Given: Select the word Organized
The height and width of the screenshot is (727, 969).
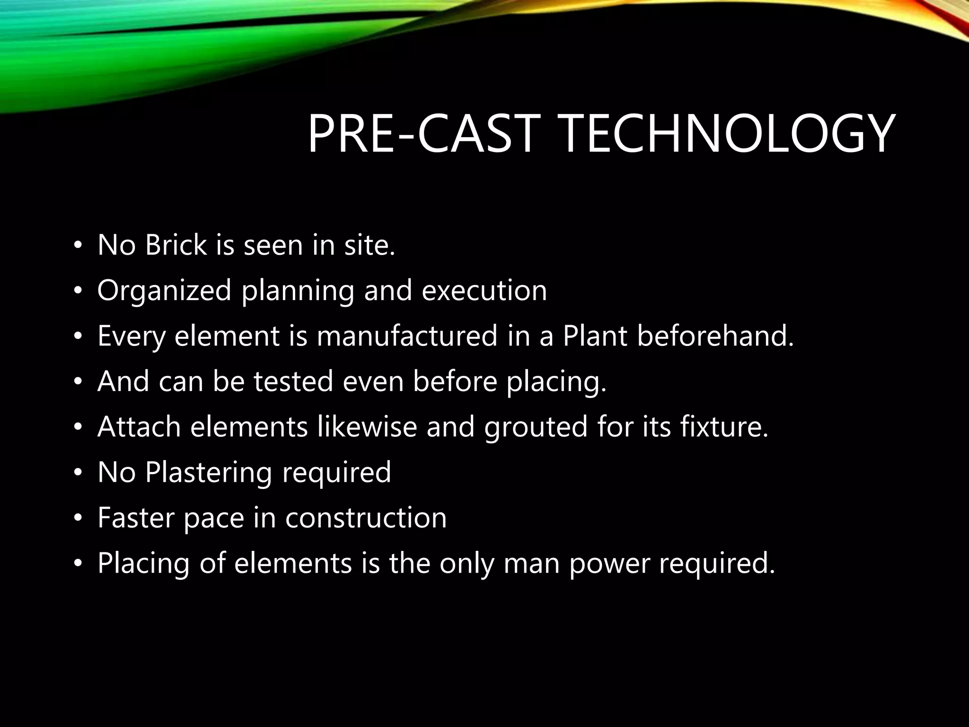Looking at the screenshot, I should point(164,291).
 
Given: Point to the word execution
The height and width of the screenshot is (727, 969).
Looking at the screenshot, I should point(484,290).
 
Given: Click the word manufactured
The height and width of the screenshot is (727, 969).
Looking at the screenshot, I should point(407,336).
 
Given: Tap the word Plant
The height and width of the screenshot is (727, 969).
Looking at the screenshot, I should point(594,336).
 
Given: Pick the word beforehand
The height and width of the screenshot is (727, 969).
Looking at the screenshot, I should point(715,336).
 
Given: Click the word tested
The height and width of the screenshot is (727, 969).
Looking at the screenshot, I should point(293,381).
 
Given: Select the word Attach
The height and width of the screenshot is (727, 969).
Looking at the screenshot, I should point(139,426).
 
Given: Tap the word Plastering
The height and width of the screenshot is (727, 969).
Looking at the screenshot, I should point(208,473).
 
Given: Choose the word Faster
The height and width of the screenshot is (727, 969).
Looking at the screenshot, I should point(135,517).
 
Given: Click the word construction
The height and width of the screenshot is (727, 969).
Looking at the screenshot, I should point(366,517).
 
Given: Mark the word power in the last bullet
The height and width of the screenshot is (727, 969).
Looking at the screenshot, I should point(608,564).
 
